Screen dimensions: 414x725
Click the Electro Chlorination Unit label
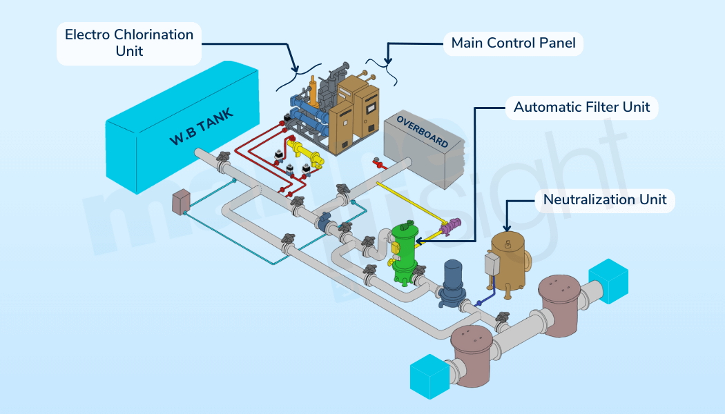tap(129, 43)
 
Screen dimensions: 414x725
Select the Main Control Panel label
tap(513, 43)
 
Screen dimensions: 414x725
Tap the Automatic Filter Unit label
tap(581, 108)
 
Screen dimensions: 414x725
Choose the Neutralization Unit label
tap(605, 200)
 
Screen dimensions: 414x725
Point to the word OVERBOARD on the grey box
tap(422, 132)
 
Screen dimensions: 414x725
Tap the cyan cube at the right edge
tap(608, 279)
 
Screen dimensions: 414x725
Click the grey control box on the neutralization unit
tap(492, 264)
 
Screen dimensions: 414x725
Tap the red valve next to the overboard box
tap(378, 164)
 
